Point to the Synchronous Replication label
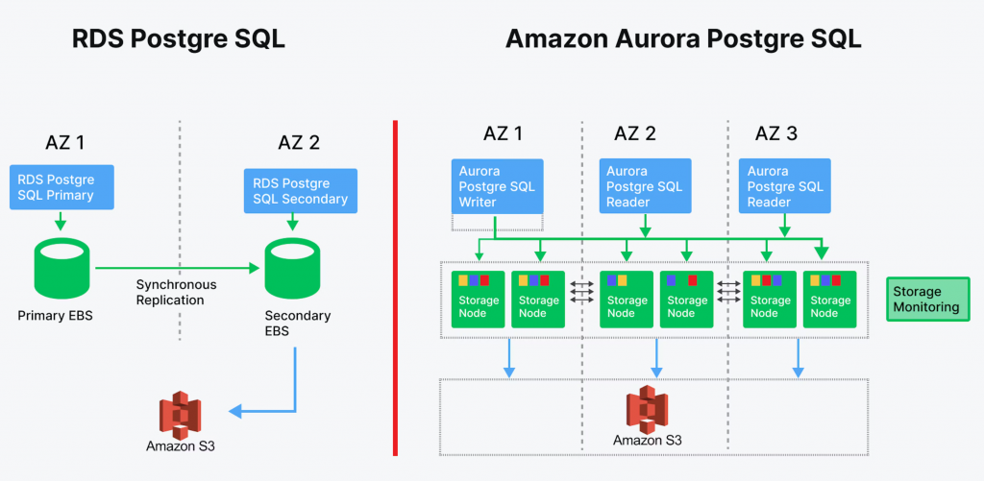tap(176, 292)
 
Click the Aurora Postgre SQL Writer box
tap(497, 186)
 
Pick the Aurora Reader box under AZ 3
tap(786, 186)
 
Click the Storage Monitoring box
tap(926, 300)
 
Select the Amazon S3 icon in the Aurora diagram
tap(647, 409)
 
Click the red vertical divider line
tap(395, 288)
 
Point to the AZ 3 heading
tap(775, 133)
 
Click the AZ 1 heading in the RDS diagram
tap(65, 143)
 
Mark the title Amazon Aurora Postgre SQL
tap(682, 39)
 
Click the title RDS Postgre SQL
tap(179, 39)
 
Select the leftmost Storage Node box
tap(479, 300)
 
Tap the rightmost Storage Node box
tap(829, 300)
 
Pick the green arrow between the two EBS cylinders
tap(178, 268)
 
